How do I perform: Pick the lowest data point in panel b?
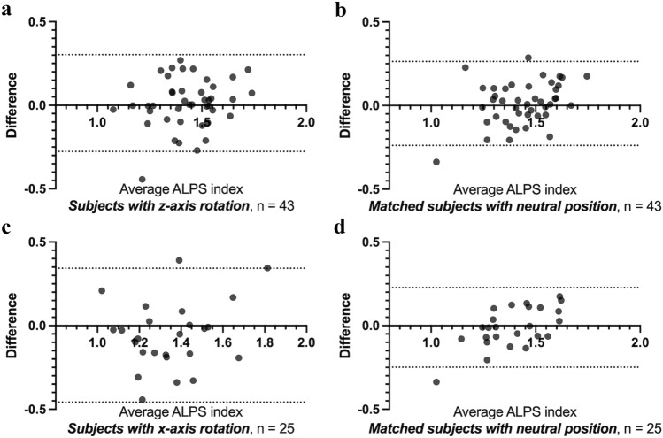pos(436,162)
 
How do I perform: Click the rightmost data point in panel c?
pos(267,268)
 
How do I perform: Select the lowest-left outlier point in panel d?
pos(436,382)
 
